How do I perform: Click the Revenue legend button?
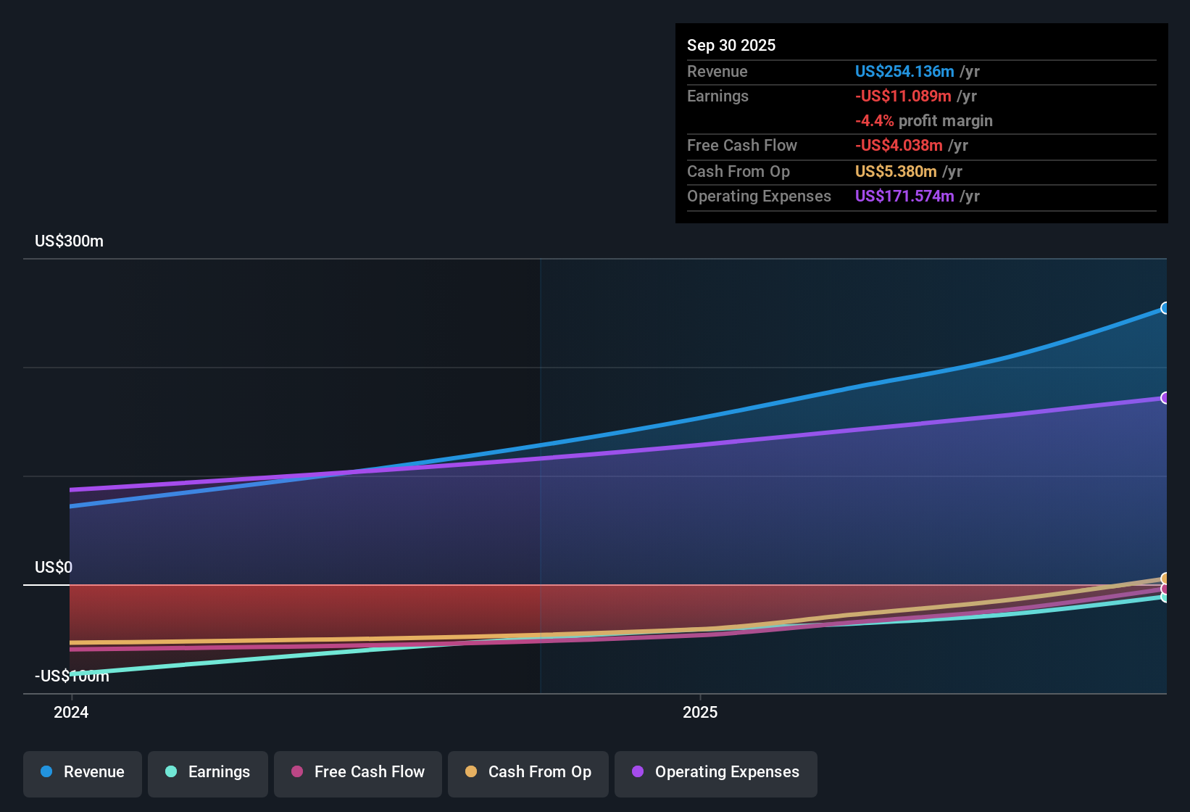coord(83,772)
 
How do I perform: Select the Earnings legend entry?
coord(208,772)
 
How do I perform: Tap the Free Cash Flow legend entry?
coord(358,772)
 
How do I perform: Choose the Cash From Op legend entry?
coord(528,772)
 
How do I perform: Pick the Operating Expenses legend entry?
coord(716,772)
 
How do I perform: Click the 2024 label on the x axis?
coord(71,712)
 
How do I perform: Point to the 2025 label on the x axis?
coord(700,712)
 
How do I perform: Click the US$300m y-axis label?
coord(69,241)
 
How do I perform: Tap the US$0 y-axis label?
coord(54,567)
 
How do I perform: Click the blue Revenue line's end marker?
coord(1165,308)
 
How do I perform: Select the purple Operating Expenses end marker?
coord(1165,398)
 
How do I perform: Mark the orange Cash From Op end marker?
coord(1165,578)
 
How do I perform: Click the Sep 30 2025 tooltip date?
coord(731,45)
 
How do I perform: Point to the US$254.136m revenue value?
coord(904,71)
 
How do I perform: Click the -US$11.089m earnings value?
coord(903,96)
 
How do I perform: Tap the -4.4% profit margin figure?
coord(874,120)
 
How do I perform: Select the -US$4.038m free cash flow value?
coord(899,145)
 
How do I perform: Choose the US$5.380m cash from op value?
coord(896,171)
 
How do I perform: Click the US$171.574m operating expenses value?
coord(904,196)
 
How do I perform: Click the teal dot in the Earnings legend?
coord(171,771)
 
